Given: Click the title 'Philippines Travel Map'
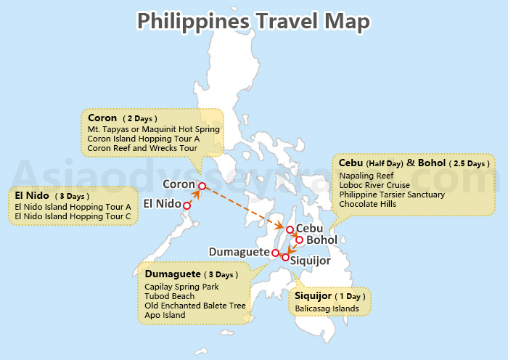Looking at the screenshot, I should point(253,21).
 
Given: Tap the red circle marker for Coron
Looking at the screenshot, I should point(201,185).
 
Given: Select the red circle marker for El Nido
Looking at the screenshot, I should point(187,206).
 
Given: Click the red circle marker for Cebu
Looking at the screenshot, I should point(290,230).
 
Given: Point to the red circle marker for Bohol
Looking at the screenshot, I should point(299,240).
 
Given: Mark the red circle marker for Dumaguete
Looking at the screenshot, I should point(275,253).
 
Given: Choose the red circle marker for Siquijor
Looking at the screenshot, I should point(285,258).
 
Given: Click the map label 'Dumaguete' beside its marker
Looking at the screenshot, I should point(239,252).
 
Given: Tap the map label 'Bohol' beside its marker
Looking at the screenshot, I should point(321,240).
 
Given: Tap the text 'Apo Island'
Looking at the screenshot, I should point(165,315).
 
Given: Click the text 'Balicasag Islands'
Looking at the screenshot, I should point(327,308).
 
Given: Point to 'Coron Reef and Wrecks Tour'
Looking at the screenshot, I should point(142,147).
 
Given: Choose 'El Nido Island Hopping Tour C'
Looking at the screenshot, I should point(73,216).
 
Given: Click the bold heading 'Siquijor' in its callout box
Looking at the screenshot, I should point(314,296).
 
